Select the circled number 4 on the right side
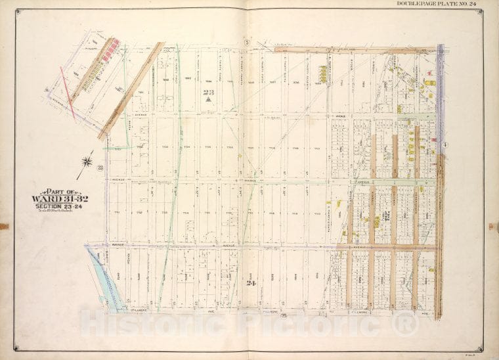[445, 145]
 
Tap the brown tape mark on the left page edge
[4, 227]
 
